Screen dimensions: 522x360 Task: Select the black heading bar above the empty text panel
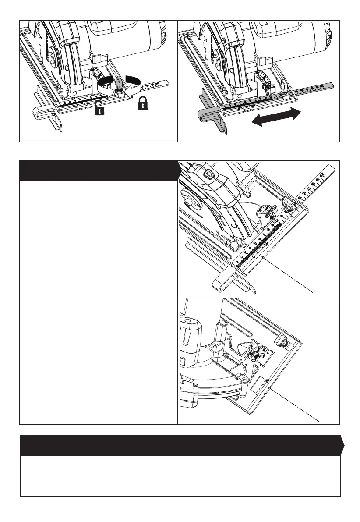coord(99,170)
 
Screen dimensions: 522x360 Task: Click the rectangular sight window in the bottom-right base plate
coord(261,385)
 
